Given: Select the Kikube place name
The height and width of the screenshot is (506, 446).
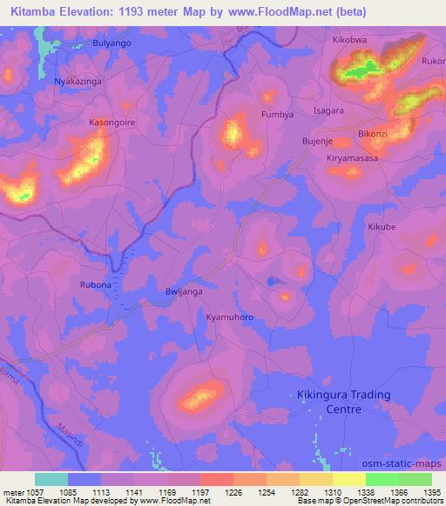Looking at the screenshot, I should pos(382,227).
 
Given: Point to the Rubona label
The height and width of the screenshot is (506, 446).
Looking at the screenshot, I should pos(96,283).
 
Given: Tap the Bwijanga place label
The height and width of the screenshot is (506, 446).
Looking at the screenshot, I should pos(184,292).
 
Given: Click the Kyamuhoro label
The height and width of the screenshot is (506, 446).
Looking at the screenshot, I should pos(229,317).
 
